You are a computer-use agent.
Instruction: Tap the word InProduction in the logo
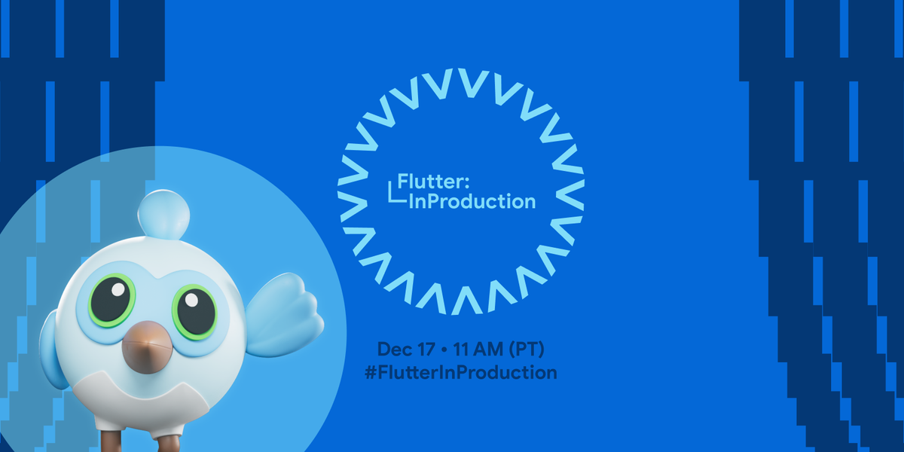coord(472,201)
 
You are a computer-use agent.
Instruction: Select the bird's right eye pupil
coord(195,307)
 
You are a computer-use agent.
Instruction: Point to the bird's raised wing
coord(285,316)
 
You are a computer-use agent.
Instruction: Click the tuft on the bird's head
coord(164,212)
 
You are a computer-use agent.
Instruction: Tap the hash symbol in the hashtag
coord(370,372)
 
